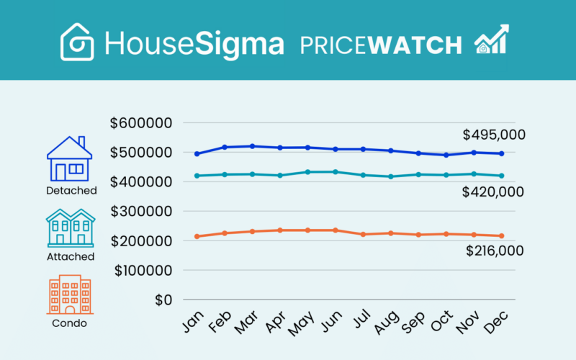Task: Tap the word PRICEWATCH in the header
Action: pos(381,44)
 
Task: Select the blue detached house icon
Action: pos(69,159)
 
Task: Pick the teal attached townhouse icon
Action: pos(71,228)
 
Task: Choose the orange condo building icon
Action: pos(70,294)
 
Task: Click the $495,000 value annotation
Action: pos(494,135)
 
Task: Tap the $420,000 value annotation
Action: pos(494,192)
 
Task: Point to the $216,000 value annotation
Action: pos(494,251)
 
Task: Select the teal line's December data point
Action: pos(501,176)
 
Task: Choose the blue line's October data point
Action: pos(446,155)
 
